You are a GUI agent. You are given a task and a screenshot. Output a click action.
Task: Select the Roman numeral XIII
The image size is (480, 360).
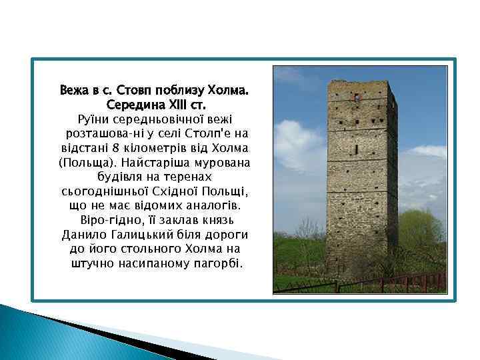(177, 105)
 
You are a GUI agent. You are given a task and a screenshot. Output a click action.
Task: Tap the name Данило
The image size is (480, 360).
(84, 235)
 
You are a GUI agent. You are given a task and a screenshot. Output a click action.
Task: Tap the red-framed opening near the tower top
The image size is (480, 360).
(357, 98)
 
